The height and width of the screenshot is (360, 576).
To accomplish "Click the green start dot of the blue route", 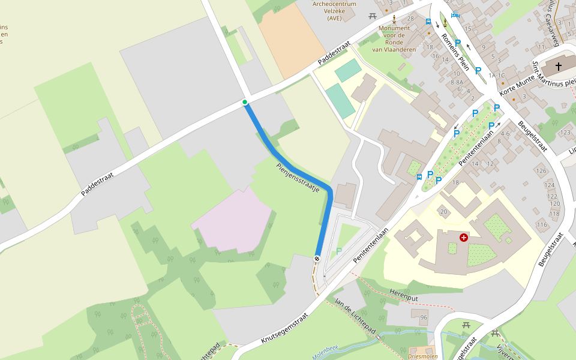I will click(245, 102).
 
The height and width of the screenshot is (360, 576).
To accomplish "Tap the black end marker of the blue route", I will click(317, 258).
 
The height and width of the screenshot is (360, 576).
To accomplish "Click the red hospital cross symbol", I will click(463, 238).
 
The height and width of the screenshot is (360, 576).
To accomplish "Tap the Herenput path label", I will click(403, 296).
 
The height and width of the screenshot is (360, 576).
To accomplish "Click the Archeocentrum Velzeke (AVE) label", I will click(334, 11).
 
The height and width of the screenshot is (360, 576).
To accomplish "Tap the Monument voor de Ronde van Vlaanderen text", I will click(394, 38).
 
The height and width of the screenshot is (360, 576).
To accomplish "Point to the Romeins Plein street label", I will click(455, 51).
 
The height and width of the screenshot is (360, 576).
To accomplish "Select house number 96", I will click(424, 317).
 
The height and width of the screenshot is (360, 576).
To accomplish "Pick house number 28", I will click(410, 19).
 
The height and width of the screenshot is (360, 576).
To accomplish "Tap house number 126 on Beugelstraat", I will click(542, 171).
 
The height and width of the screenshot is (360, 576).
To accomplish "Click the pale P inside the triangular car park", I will click(338, 251).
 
